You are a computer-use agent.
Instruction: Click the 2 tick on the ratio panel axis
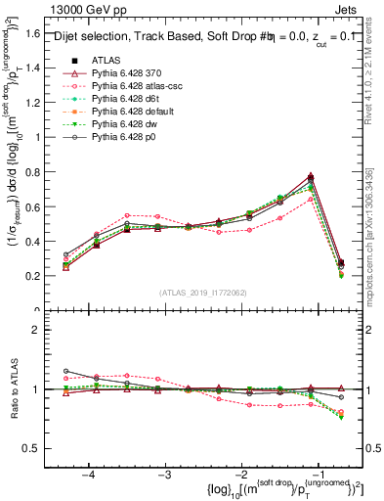[x=43, y=330]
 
